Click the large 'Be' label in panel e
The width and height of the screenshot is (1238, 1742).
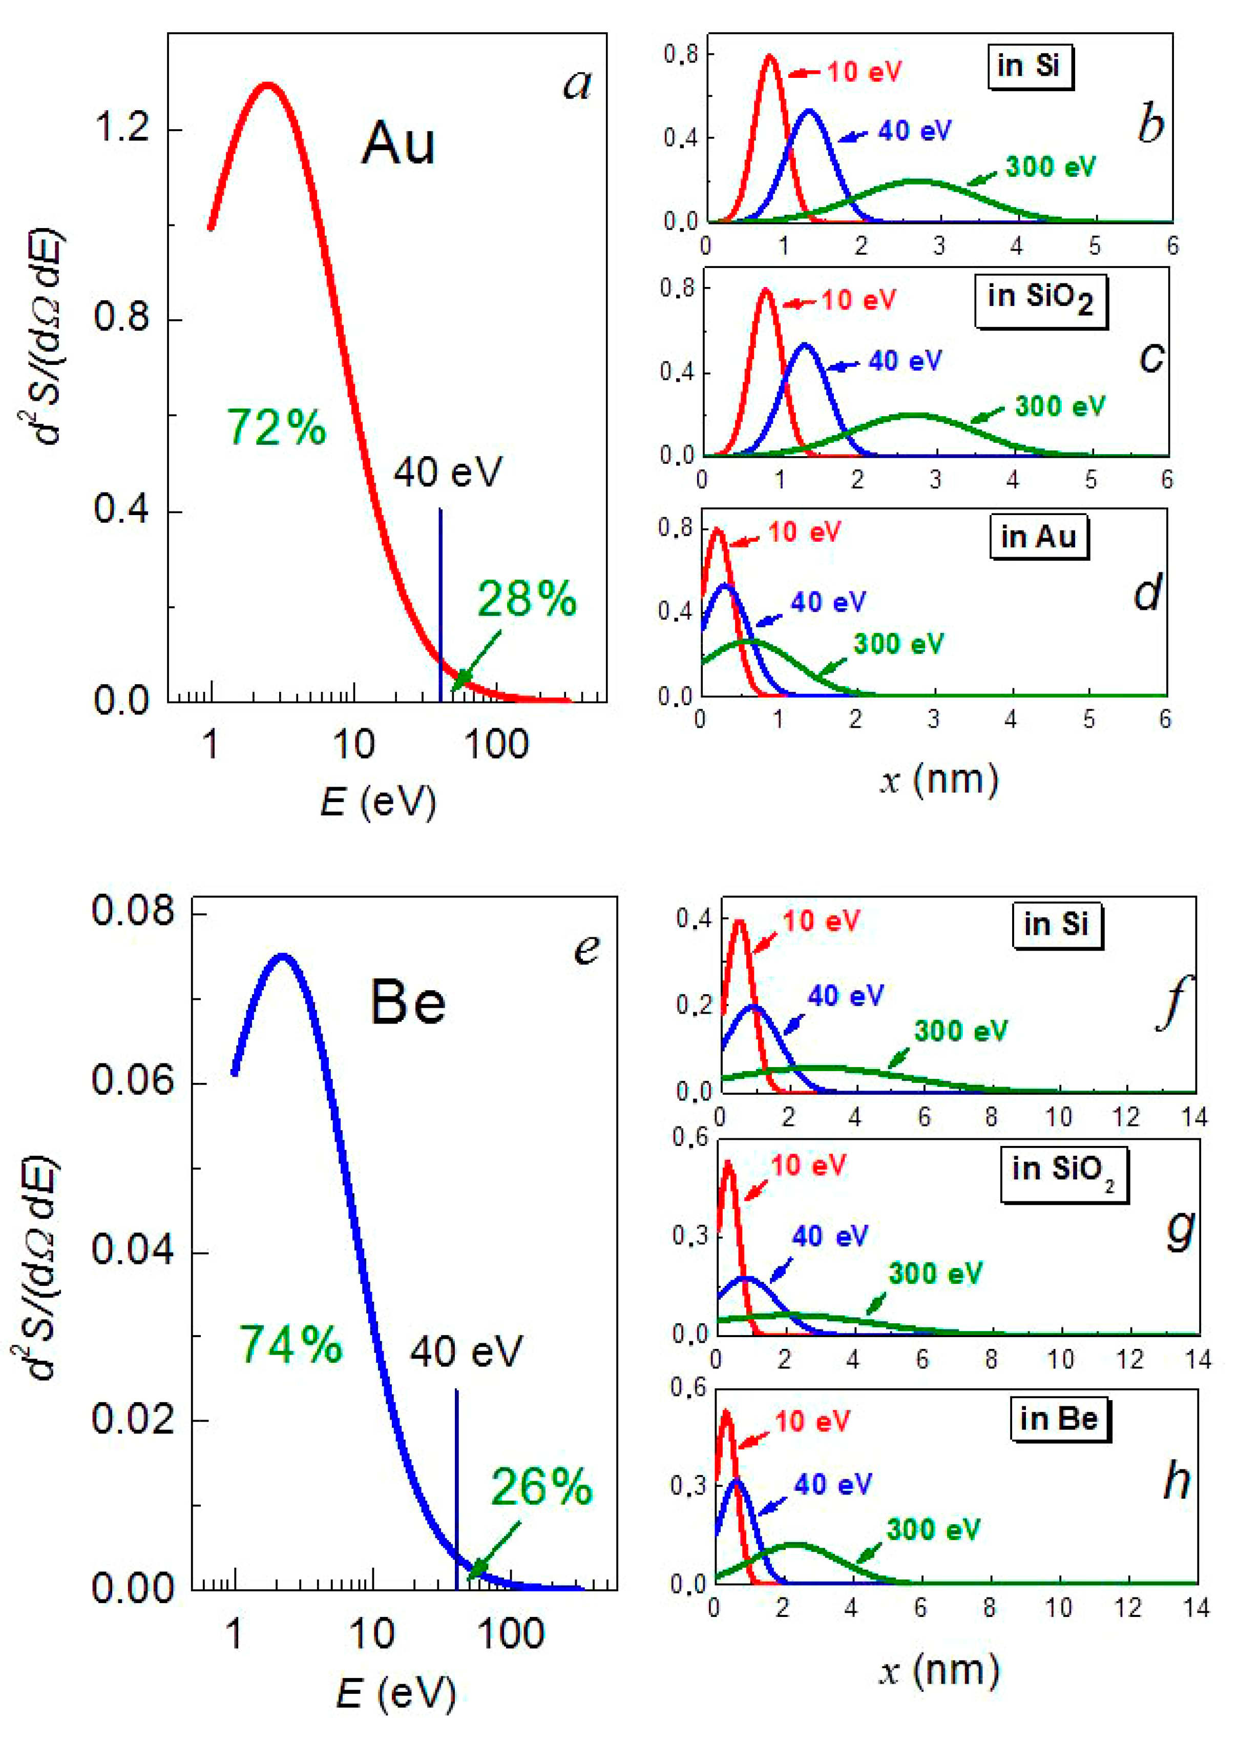tap(408, 1003)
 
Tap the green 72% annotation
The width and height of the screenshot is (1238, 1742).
tap(276, 427)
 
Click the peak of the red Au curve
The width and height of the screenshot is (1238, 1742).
tap(267, 86)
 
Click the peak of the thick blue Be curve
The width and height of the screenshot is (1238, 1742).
tap(283, 956)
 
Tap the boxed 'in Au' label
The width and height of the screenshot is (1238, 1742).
tap(1038, 537)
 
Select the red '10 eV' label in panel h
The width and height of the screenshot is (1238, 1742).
tap(812, 1422)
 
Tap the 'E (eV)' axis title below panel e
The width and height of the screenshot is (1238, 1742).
tap(395, 1693)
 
